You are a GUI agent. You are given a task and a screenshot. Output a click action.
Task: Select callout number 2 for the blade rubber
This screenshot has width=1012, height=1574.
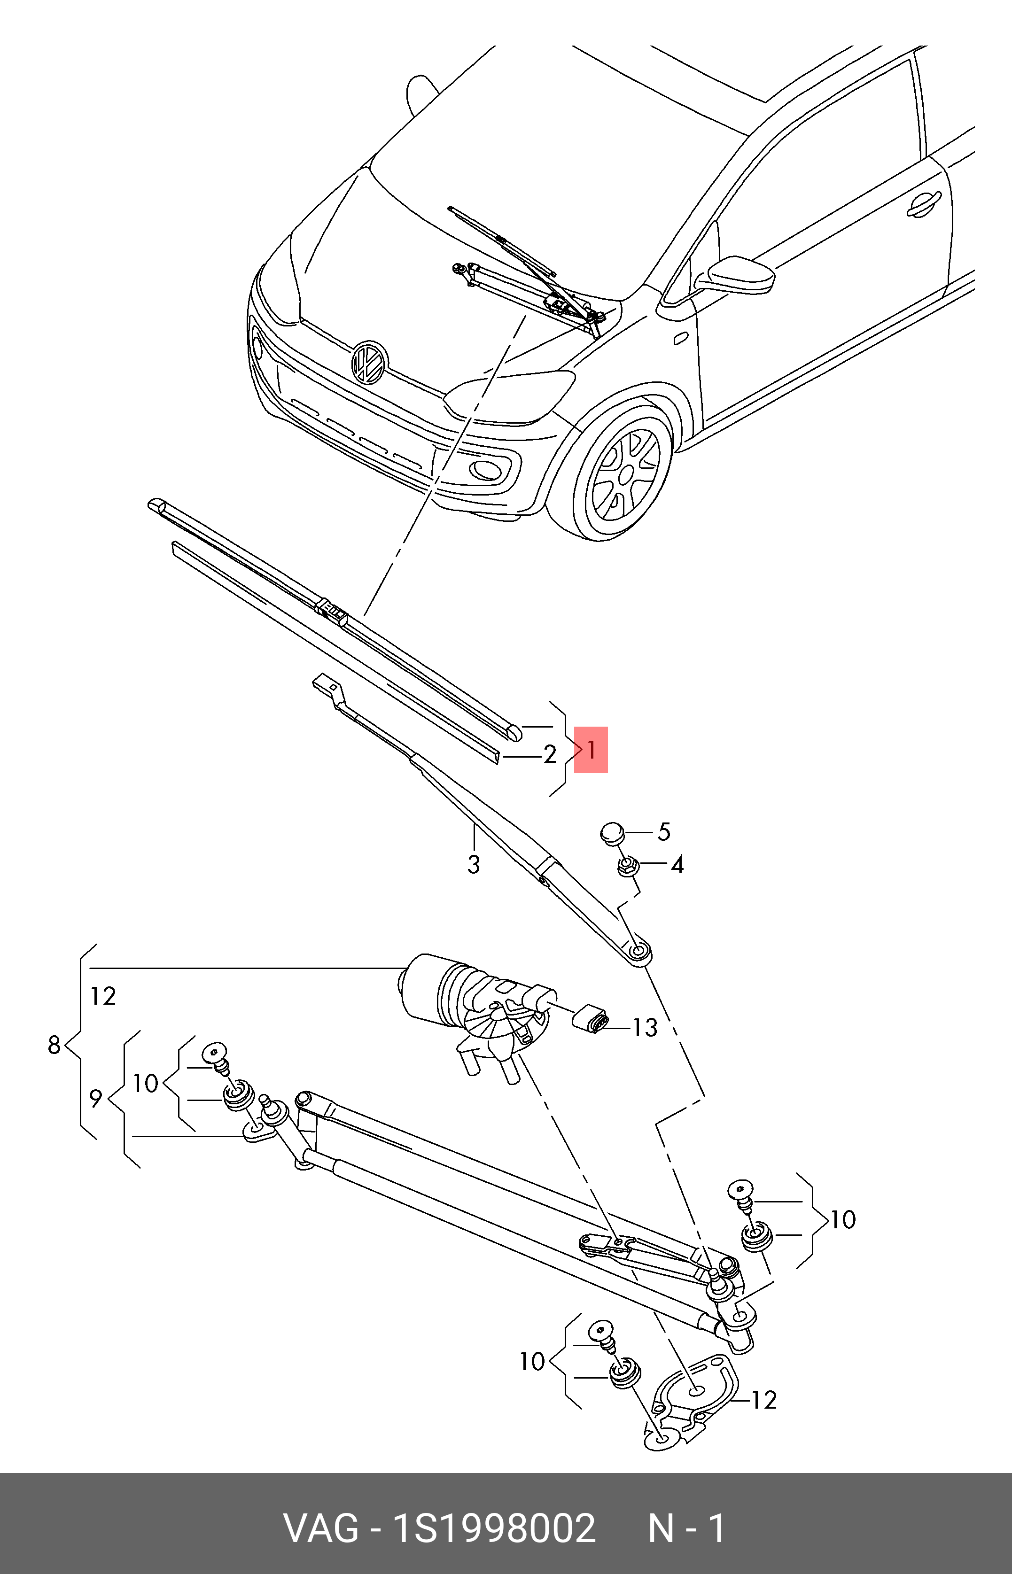point(550,755)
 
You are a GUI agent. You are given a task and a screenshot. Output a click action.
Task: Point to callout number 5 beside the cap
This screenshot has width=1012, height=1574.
point(664,832)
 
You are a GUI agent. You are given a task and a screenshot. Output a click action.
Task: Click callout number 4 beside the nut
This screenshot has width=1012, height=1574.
point(677,865)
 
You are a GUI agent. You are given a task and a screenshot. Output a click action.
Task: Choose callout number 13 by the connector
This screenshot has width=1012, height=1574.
point(645,1027)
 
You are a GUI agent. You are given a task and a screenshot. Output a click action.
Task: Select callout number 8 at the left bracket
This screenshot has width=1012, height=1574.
point(54,1045)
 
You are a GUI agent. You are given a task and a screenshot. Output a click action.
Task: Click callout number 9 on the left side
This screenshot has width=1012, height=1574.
point(96,1098)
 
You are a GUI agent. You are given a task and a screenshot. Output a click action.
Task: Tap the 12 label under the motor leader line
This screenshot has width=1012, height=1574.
point(103,997)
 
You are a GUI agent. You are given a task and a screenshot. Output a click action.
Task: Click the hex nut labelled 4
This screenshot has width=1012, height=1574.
point(626,867)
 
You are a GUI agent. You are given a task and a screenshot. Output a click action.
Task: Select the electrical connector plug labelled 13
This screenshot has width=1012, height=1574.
point(592,1019)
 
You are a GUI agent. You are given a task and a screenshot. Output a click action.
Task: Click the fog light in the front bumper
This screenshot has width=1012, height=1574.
point(487,468)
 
